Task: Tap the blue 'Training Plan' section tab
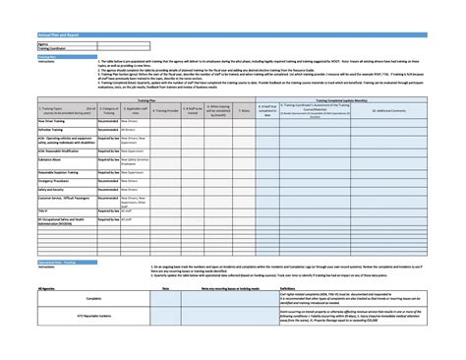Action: pos(46,57)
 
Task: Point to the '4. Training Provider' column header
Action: pos(165,111)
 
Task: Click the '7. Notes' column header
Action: pos(243,111)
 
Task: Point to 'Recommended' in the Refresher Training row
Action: pos(108,129)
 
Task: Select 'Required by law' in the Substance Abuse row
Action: pos(108,159)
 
